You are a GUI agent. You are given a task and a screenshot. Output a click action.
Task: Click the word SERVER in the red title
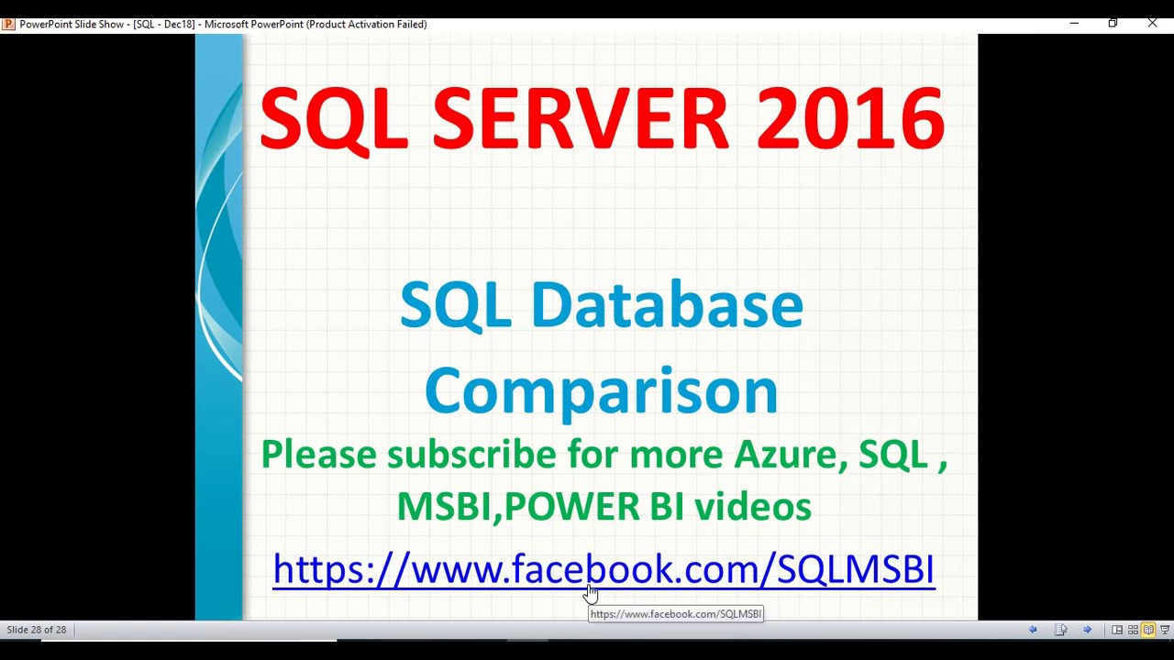point(580,119)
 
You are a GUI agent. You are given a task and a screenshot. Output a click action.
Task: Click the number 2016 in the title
point(849,119)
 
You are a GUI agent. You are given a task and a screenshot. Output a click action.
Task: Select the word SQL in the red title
point(334,119)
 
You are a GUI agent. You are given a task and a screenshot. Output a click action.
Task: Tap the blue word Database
point(666,305)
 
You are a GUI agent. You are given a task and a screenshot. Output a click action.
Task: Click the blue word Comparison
point(601,390)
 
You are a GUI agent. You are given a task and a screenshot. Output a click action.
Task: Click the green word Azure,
point(791,456)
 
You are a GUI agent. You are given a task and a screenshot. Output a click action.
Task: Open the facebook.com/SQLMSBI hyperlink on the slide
point(604,569)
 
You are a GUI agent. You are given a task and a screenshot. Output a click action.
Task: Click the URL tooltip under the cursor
point(676,614)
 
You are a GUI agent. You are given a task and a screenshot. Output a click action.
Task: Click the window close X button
point(1152,23)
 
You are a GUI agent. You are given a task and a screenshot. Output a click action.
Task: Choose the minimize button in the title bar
point(1074,23)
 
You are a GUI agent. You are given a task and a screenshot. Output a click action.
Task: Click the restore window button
point(1113,23)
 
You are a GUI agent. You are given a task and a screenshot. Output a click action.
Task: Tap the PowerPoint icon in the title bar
point(8,24)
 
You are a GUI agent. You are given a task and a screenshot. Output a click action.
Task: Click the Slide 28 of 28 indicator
point(37,630)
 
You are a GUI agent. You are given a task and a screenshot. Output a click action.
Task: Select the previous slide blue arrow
point(1033,630)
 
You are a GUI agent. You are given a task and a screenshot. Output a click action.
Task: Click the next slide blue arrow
point(1087,630)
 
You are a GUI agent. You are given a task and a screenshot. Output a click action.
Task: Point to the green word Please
point(318,456)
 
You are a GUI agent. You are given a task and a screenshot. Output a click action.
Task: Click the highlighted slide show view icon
point(1148,630)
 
